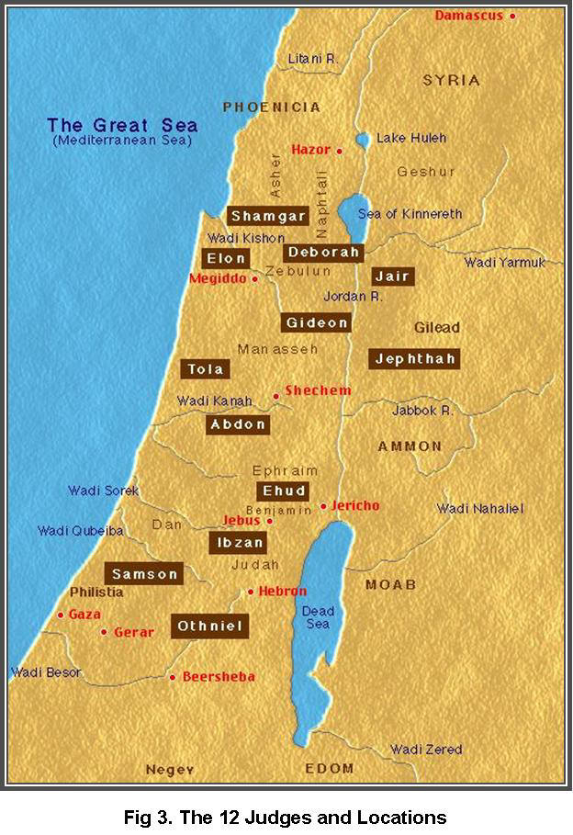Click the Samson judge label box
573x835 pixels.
(x=144, y=574)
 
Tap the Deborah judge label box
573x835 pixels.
(x=323, y=253)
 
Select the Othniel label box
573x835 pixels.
(x=209, y=626)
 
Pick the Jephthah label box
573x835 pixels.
(x=414, y=358)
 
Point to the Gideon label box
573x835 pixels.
(x=317, y=322)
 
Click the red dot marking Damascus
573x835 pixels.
(x=512, y=16)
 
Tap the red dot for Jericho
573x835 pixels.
(x=323, y=506)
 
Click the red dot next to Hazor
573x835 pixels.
(x=339, y=150)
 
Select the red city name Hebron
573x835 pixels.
(x=283, y=592)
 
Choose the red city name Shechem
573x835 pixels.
(x=318, y=390)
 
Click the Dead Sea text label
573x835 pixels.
(x=319, y=618)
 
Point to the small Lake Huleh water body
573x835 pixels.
(x=363, y=140)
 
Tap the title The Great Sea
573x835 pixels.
(x=122, y=126)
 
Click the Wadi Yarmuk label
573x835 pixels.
(x=505, y=263)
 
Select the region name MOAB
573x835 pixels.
(x=390, y=584)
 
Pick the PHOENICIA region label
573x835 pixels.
(x=271, y=107)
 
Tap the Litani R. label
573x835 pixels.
(x=313, y=58)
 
